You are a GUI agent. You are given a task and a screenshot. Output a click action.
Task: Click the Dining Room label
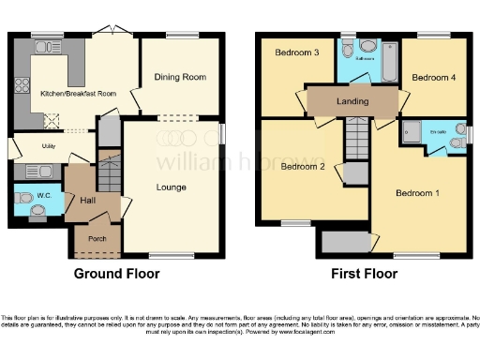click(x=180, y=77)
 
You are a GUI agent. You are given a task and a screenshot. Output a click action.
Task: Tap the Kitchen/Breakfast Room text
click(x=78, y=94)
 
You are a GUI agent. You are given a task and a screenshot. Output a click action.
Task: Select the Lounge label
click(x=172, y=187)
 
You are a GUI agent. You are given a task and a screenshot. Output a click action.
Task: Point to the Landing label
click(x=352, y=101)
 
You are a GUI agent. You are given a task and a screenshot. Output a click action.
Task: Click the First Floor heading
click(x=364, y=275)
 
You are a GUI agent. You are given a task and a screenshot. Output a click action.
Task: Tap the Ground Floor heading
click(x=116, y=275)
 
